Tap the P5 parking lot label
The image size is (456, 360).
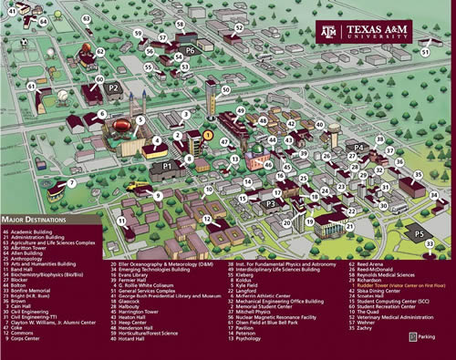coord(418,234)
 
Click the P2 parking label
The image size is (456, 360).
coord(114,87)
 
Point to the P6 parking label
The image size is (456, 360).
coord(190,51)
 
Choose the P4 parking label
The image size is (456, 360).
coord(359,147)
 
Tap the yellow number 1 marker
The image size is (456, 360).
coord(208,135)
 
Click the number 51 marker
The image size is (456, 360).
coord(423,53)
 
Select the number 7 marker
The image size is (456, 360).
coord(71,183)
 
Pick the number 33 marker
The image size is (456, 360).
coord(429,244)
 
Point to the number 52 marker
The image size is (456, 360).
coord(239,27)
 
